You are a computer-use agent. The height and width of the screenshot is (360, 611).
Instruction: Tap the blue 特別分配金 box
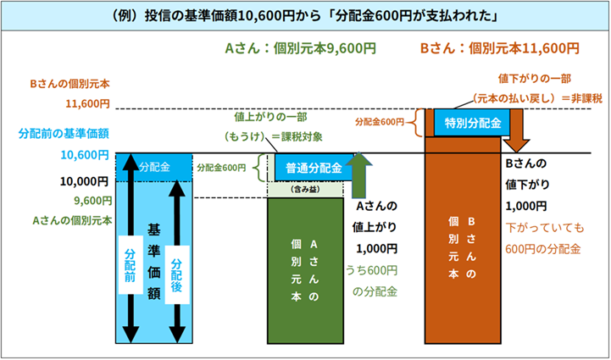point(471,123)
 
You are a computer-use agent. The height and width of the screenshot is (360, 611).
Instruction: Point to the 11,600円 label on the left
point(87,104)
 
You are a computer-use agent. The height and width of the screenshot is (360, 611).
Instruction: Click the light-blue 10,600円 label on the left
point(84,155)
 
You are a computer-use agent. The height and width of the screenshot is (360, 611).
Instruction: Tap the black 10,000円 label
point(85,180)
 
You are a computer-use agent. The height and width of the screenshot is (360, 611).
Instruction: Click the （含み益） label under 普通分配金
point(304,191)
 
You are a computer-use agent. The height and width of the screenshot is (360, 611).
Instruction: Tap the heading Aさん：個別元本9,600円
point(300,48)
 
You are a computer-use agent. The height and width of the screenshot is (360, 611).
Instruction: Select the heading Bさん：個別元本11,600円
point(500,48)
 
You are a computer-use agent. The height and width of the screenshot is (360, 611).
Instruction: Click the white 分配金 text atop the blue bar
point(154,167)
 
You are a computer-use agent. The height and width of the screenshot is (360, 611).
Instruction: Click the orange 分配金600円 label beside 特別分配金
point(379,123)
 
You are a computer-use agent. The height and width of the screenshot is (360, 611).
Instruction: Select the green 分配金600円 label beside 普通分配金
point(220,168)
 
